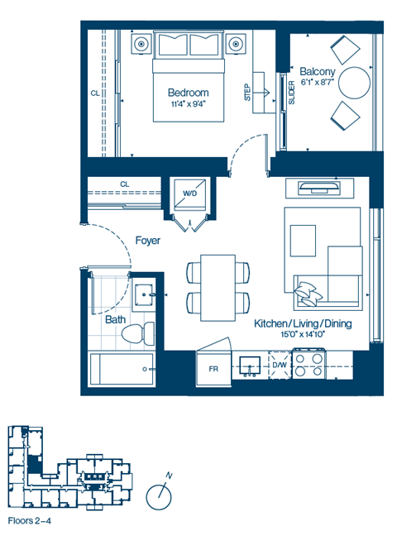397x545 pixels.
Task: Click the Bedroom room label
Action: coord(188,93)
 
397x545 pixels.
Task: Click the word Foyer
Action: coord(147,241)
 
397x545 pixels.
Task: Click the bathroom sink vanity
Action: coord(145,294)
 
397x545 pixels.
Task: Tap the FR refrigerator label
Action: coord(213,369)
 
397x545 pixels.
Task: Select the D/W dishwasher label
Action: coord(280,364)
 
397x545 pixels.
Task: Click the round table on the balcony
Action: coord(356,82)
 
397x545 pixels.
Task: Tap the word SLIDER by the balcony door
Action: coord(292,93)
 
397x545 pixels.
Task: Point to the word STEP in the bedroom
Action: coord(247,92)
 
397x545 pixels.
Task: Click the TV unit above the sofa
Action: coord(318,187)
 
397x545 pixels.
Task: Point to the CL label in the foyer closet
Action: coord(125,184)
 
